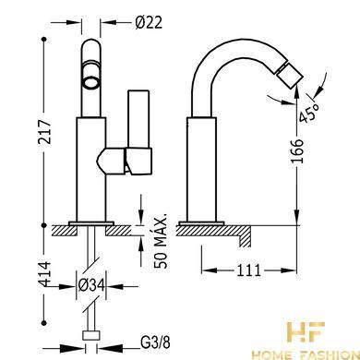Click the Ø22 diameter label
(149, 22)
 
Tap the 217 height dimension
(44, 132)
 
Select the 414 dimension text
(44, 274)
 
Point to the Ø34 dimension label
(91, 286)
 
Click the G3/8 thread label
(155, 342)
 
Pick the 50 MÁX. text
(161, 241)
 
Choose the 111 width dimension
(248, 270)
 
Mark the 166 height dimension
(296, 151)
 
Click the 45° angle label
(309, 113)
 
